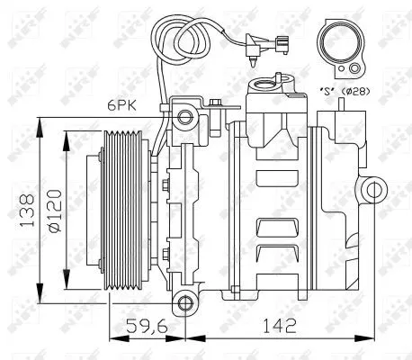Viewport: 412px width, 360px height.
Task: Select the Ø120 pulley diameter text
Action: click(x=56, y=209)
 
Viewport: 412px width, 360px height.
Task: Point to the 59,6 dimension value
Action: click(x=148, y=325)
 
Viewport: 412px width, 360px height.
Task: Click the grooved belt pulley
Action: click(x=123, y=209)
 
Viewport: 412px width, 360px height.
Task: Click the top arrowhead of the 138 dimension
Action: click(x=40, y=121)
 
